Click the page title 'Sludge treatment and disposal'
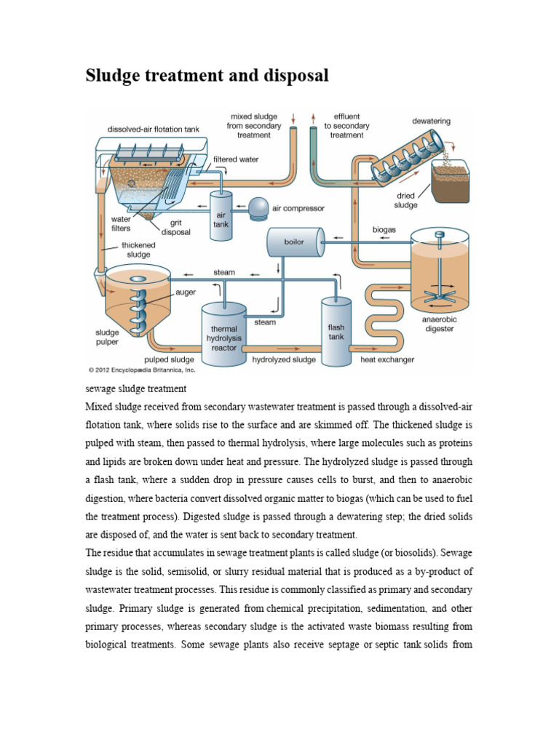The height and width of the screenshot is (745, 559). click(x=207, y=76)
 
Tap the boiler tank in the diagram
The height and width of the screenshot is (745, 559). click(x=295, y=242)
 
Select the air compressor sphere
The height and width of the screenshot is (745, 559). click(x=258, y=208)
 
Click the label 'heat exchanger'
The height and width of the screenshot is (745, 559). click(x=387, y=359)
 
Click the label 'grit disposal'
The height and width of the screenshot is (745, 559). click(x=175, y=228)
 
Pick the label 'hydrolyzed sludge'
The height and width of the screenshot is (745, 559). click(x=284, y=359)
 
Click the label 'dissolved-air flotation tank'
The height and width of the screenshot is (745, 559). click(x=153, y=130)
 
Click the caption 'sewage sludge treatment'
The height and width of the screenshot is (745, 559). click(x=136, y=389)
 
